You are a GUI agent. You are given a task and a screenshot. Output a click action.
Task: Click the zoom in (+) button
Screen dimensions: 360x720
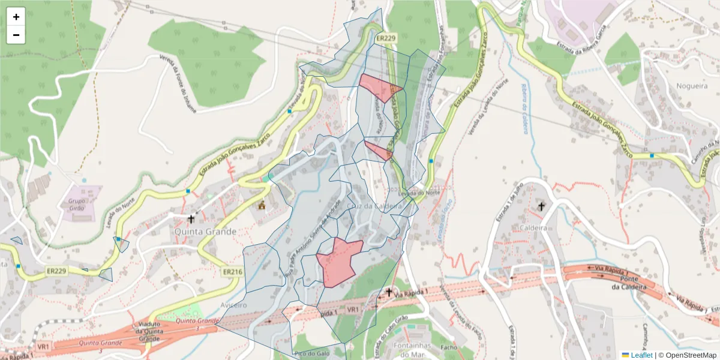coord(16,17)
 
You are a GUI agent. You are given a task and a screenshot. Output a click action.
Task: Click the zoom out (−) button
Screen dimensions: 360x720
coord(16,35)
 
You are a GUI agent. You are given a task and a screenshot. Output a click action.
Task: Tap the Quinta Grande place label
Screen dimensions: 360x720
coord(205,231)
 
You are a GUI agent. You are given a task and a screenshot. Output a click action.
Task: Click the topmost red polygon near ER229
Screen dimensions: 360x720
coord(378,86)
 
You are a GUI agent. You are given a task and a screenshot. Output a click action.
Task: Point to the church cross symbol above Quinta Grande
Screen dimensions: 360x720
coord(191,219)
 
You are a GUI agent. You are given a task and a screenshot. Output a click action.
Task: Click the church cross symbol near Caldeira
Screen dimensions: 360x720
coord(541,206)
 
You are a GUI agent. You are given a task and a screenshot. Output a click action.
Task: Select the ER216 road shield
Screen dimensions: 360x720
coord(232,272)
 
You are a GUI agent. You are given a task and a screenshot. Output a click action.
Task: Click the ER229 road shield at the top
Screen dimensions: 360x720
coord(386,38)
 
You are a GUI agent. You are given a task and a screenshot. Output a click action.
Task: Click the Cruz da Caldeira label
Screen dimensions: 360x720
coord(374,206)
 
